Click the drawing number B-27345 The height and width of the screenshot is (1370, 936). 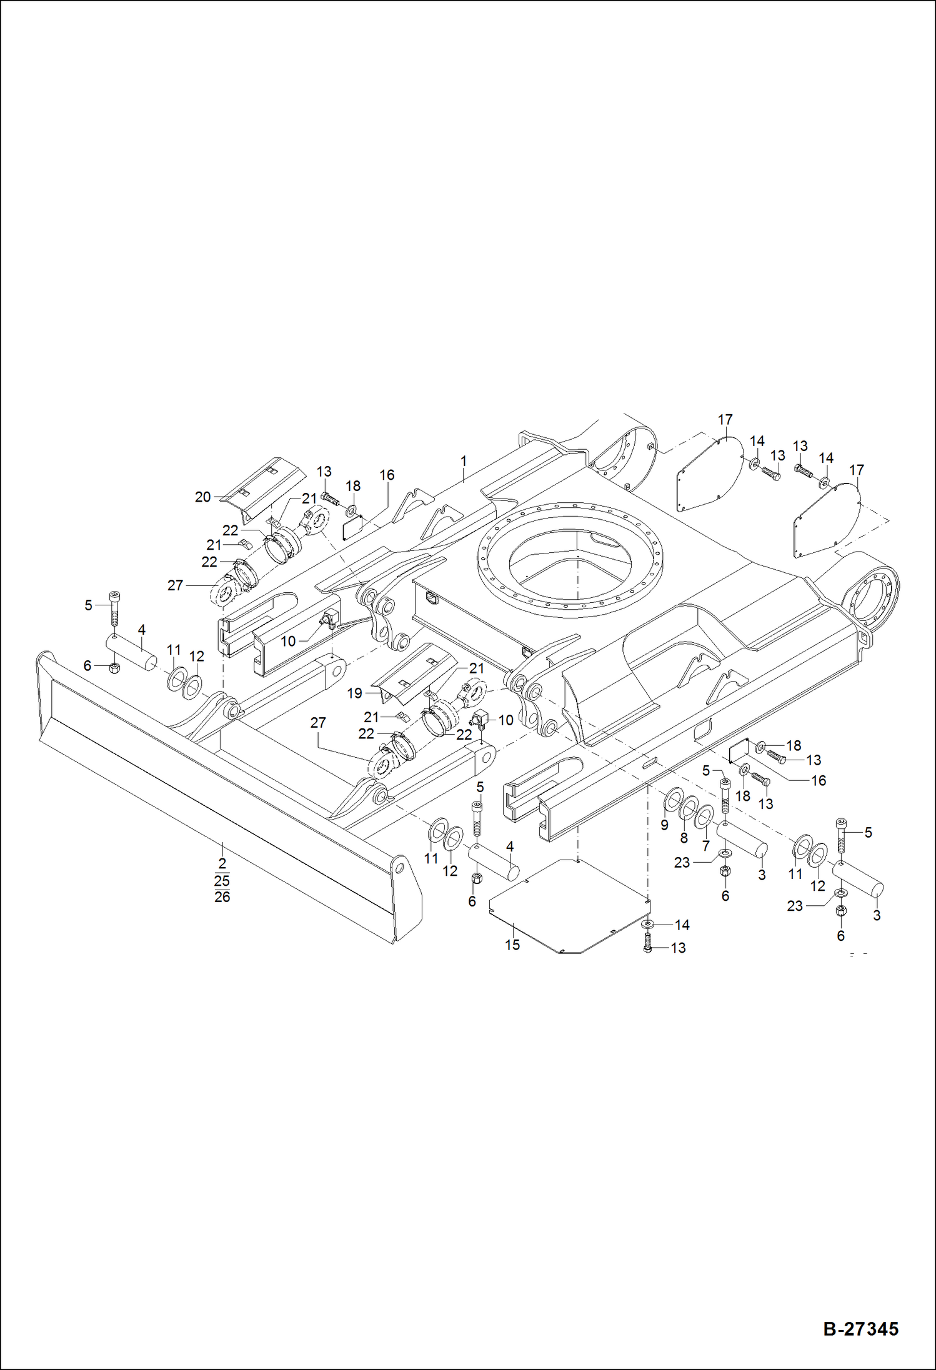860,1328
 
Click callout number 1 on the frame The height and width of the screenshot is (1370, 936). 464,461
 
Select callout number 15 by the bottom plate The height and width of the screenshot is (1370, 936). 512,945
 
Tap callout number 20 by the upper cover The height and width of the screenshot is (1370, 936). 202,497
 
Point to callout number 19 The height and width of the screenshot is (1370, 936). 354,693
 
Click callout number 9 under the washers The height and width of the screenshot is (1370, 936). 664,825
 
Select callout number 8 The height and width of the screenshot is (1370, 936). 684,838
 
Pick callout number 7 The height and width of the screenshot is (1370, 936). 706,846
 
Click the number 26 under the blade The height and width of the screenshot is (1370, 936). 222,897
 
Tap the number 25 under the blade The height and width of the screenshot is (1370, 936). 222,881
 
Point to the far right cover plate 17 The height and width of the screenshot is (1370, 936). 828,519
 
